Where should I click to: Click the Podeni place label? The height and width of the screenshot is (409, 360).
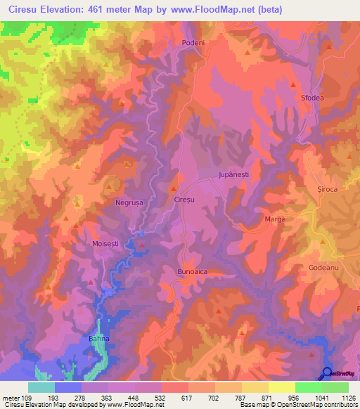(x=193, y=43)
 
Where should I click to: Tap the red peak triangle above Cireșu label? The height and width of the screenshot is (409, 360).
(x=174, y=188)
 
